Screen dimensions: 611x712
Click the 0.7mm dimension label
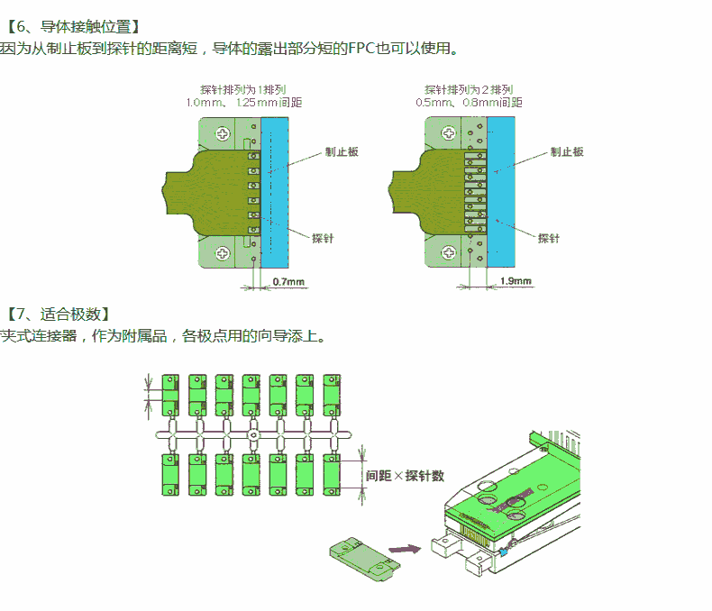click(288, 282)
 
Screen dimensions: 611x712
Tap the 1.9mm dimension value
click(516, 281)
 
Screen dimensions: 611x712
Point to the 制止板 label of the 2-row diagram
click(567, 151)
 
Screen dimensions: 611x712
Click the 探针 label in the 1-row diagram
click(322, 238)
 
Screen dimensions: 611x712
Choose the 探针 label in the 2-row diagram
click(548, 238)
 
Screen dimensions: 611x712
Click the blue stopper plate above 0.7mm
click(274, 194)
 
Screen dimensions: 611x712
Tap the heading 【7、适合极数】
click(59, 315)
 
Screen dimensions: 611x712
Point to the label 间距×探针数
click(405, 475)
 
